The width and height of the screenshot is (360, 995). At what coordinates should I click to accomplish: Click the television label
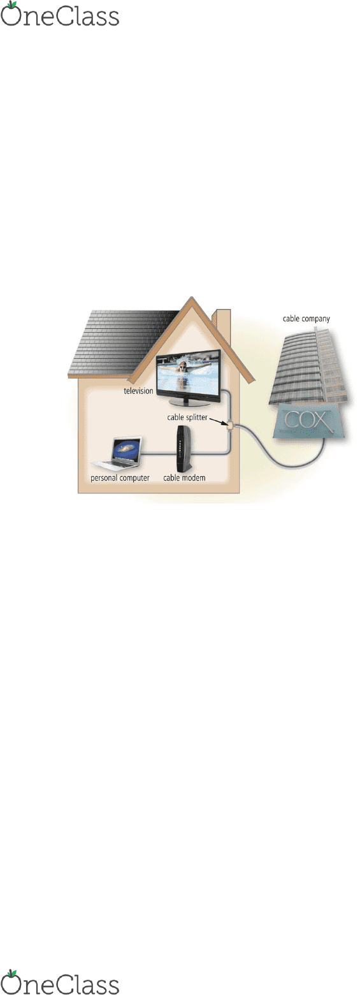click(138, 391)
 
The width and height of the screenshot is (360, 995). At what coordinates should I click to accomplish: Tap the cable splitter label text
click(187, 418)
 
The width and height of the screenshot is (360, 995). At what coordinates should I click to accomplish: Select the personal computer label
click(120, 478)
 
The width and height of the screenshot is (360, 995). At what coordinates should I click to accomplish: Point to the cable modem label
click(184, 478)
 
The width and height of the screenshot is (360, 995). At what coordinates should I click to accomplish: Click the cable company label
click(306, 319)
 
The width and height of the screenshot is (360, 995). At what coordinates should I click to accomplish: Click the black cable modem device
click(184, 449)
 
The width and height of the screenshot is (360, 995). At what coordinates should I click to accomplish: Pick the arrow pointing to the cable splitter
click(218, 421)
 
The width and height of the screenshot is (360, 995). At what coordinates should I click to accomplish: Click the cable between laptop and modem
click(159, 454)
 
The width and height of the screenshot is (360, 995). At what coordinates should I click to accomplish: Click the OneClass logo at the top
click(60, 14)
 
